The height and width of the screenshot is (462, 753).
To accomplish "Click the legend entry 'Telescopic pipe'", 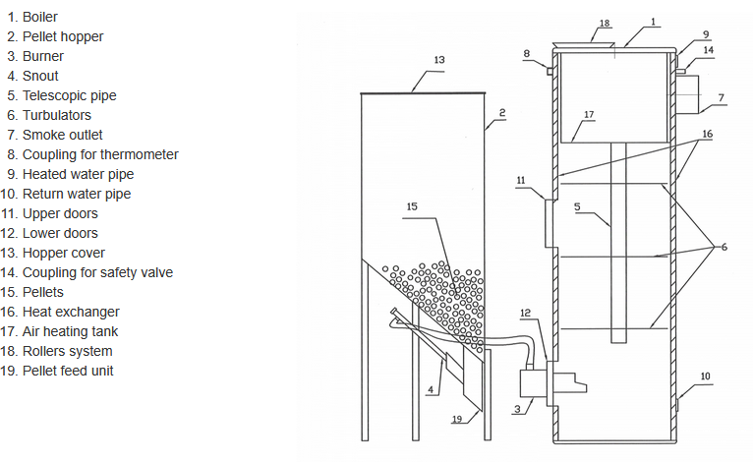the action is click(69, 95).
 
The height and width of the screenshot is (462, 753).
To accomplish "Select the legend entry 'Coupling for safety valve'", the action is click(97, 272).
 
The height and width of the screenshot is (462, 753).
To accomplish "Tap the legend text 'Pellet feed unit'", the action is click(68, 371).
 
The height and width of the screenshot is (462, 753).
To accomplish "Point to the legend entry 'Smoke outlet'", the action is click(63, 135).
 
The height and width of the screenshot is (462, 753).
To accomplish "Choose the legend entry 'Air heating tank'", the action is click(70, 331).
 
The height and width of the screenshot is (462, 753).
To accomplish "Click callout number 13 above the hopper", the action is click(439, 60).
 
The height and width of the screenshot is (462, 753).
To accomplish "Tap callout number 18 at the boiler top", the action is click(605, 23).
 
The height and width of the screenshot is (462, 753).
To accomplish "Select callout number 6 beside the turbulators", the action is click(724, 247).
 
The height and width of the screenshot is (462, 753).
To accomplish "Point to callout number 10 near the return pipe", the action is click(705, 376).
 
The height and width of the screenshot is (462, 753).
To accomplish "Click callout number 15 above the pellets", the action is click(412, 206).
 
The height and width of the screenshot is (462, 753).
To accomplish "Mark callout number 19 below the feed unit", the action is click(457, 419).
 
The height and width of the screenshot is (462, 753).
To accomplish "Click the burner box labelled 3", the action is click(534, 383).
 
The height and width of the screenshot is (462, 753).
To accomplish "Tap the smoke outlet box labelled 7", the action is click(688, 94).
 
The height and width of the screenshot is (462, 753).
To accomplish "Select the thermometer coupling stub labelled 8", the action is click(550, 72).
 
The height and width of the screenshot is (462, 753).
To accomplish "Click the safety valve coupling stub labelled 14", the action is click(680, 72).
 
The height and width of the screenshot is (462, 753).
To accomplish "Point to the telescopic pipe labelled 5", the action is click(618, 243).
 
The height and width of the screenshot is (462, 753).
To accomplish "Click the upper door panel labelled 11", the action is click(550, 224).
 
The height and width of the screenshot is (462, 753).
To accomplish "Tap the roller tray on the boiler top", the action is click(584, 44).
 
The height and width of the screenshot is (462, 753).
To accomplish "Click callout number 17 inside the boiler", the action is click(589, 114).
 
